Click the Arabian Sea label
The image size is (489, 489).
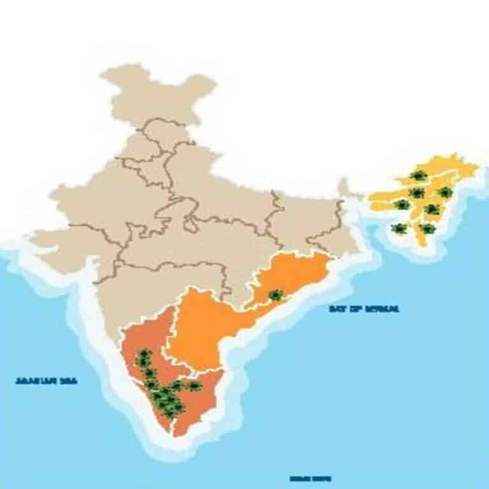46,381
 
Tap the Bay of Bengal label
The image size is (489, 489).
364,309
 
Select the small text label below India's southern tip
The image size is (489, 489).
310,478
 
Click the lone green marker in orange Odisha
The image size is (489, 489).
276,295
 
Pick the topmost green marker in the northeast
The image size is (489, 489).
418,176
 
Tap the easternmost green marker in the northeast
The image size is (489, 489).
445,192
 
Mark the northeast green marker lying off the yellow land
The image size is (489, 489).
399,228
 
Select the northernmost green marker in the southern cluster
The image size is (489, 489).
145,355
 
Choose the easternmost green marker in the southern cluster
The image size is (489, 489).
194,386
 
